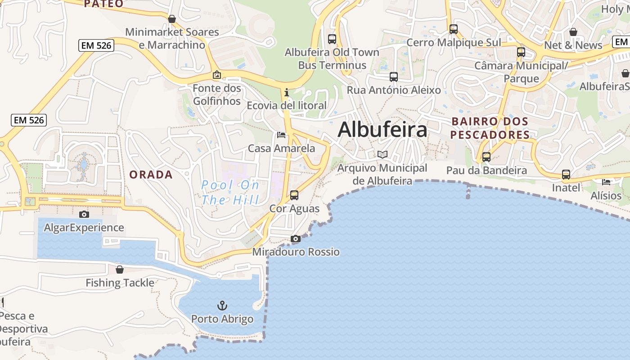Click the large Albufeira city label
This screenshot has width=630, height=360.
[382, 130]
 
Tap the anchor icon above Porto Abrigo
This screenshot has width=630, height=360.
[222, 306]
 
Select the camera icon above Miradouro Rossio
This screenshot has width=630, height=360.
[296, 238]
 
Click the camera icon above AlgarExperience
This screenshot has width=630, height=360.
[84, 214]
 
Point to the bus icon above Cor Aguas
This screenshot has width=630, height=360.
[294, 195]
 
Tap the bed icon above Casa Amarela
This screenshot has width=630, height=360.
[281, 135]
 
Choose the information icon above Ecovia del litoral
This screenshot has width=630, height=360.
[287, 92]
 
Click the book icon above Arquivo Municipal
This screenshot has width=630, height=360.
[382, 154]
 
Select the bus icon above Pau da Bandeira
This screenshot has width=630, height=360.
[486, 157]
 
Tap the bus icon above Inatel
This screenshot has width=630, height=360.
[566, 174]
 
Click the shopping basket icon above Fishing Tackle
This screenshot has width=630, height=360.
[120, 270]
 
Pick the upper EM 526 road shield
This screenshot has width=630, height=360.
[96, 45]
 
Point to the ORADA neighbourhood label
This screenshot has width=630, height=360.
[151, 175]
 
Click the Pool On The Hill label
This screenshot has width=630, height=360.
[230, 193]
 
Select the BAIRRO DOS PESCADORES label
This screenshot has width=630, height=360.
[490, 128]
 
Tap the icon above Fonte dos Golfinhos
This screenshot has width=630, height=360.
[217, 75]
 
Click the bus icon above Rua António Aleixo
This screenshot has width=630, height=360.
[394, 77]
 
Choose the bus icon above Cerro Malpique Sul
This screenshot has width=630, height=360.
[454, 29]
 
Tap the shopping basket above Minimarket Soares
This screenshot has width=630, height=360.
[172, 19]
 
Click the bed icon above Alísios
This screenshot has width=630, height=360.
[606, 182]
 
